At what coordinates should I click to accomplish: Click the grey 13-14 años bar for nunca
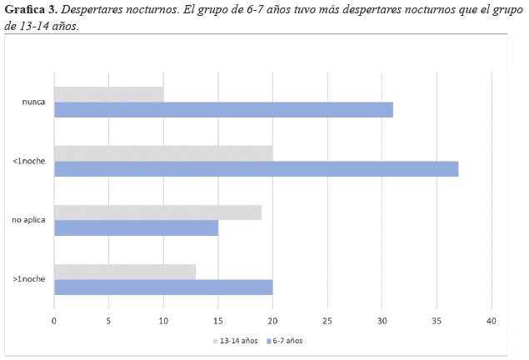click(x=109, y=94)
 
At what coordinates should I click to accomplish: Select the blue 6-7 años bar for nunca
click(x=223, y=110)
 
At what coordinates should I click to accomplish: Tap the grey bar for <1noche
click(x=163, y=152)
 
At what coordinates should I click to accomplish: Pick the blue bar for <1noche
click(x=256, y=168)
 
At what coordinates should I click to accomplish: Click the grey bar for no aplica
click(x=158, y=212)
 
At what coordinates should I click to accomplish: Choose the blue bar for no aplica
click(x=136, y=227)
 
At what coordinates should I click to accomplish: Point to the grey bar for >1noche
click(x=125, y=271)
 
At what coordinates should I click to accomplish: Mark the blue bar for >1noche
click(x=163, y=287)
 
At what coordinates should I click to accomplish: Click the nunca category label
click(x=33, y=102)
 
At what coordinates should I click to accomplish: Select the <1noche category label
click(x=29, y=161)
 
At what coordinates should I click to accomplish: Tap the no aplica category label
click(x=28, y=220)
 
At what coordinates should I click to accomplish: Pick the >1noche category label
click(x=29, y=279)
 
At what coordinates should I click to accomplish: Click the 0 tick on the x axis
click(x=54, y=321)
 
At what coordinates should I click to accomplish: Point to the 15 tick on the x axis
click(x=218, y=321)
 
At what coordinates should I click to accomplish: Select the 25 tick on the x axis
click(x=327, y=321)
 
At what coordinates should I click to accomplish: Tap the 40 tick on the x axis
click(x=492, y=321)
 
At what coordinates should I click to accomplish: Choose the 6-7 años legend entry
click(x=287, y=341)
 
